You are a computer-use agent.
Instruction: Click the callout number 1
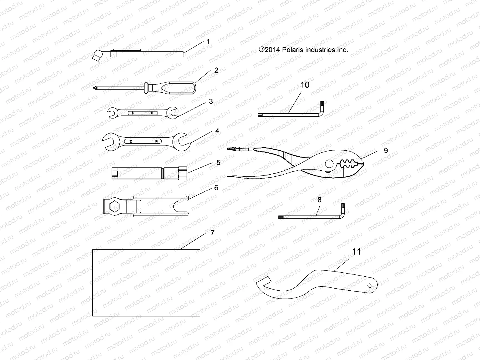pyautogui.click(x=208, y=41)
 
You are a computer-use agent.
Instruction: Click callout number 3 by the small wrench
pyautogui.click(x=211, y=101)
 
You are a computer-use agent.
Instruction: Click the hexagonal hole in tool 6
pyautogui.click(x=114, y=207)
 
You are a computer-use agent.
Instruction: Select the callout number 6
pyautogui.click(x=216, y=188)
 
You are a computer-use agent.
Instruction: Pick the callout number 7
pyautogui.click(x=212, y=233)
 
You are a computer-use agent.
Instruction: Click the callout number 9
pyautogui.click(x=386, y=151)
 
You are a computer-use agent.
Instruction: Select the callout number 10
pyautogui.click(x=305, y=85)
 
